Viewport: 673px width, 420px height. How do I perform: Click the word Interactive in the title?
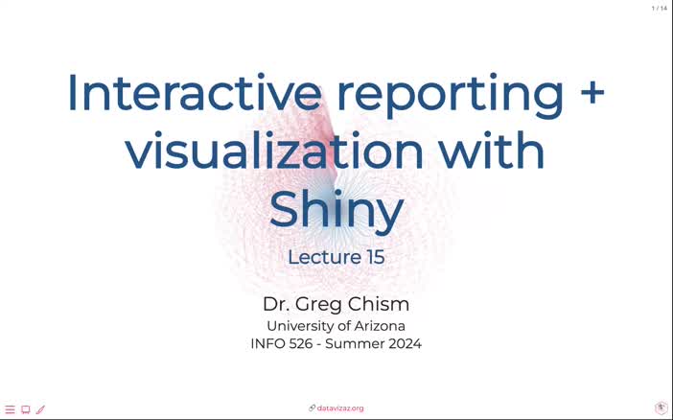click(x=193, y=93)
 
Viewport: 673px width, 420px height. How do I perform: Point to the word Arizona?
click(x=377, y=326)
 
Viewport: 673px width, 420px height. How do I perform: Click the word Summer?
click(x=358, y=343)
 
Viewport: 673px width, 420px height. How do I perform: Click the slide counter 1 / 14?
click(x=660, y=9)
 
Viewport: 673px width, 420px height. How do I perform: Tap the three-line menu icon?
click(x=11, y=409)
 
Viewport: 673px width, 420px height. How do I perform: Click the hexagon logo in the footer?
click(x=661, y=408)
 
